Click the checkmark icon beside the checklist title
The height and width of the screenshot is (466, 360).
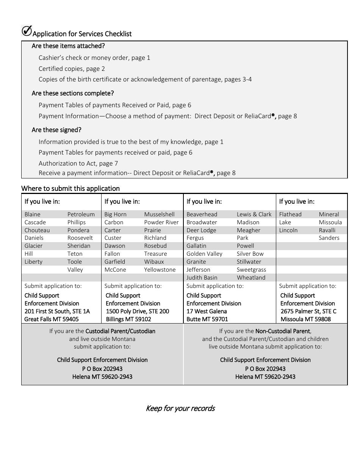(27, 31)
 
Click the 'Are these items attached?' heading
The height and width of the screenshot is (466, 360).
(68, 46)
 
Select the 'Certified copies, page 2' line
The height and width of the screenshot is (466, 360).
(72, 69)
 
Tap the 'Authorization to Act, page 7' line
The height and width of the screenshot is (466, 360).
(78, 163)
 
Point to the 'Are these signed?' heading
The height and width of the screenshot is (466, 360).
(56, 130)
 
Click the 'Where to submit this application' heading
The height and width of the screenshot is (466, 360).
(70, 188)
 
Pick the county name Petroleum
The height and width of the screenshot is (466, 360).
(81, 214)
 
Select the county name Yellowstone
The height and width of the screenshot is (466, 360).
(160, 270)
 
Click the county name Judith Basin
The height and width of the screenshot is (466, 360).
(202, 278)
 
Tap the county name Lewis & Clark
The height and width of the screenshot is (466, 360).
(254, 214)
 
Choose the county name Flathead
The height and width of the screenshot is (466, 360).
(290, 214)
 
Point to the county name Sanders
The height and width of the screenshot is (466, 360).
(329, 238)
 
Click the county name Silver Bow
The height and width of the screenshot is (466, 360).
(250, 254)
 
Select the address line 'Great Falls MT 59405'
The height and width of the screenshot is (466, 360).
(52, 319)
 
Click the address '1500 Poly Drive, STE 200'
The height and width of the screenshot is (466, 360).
(138, 311)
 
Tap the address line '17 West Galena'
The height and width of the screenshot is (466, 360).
(207, 311)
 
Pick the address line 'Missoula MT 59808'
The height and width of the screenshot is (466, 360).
(305, 319)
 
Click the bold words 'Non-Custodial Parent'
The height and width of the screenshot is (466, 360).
(283, 331)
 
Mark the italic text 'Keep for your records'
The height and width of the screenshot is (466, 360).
(180, 408)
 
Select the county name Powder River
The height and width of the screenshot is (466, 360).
(161, 222)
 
